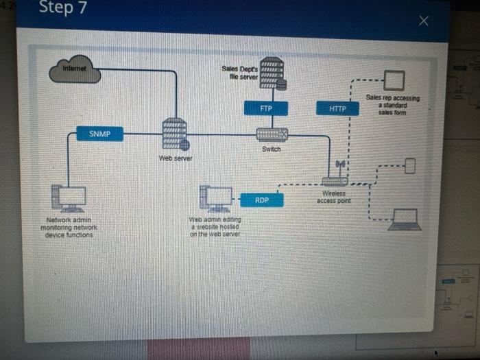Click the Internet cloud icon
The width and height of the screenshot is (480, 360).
(x=75, y=70)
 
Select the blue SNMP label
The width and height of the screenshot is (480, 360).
(x=100, y=134)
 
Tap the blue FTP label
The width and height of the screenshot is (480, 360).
(x=266, y=108)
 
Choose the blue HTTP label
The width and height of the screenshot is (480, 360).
(x=337, y=108)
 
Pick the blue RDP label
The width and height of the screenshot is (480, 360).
(x=262, y=200)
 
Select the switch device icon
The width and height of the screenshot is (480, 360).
(x=272, y=134)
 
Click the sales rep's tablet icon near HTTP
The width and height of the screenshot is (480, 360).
(x=394, y=80)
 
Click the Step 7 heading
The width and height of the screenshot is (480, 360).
(x=63, y=8)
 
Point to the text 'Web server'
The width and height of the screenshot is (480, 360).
(x=176, y=158)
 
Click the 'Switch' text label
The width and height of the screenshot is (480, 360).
(x=271, y=149)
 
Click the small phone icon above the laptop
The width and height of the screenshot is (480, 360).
(x=410, y=166)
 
